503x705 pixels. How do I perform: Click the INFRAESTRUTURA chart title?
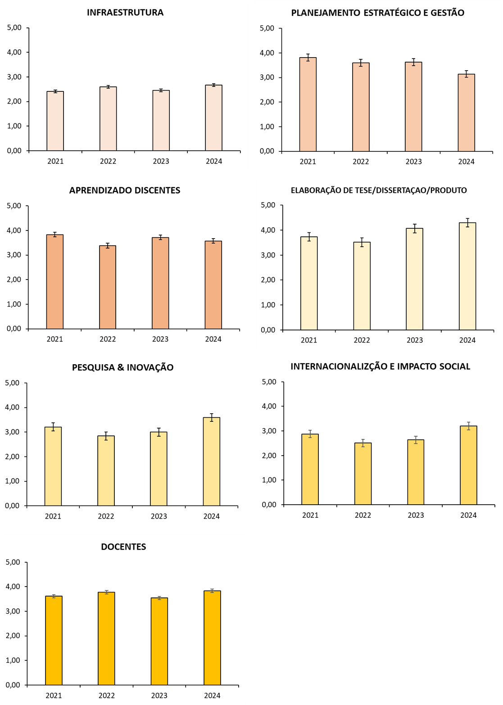click(125, 13)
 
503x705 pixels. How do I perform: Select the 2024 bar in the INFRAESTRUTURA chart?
click(213, 118)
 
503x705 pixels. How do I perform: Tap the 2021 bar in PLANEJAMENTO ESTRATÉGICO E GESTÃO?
click(308, 104)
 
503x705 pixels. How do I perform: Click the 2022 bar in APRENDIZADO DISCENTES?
click(108, 287)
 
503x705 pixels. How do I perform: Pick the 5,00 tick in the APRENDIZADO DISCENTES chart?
click(14, 206)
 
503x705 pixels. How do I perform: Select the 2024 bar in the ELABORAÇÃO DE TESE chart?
click(467, 276)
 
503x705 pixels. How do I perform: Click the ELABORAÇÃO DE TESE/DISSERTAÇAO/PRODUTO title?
click(379, 190)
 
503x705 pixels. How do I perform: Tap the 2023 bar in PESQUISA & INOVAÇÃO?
click(159, 469)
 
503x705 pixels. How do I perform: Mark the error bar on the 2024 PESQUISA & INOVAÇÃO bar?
click(212, 417)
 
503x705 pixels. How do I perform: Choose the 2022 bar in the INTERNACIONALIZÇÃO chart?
click(363, 474)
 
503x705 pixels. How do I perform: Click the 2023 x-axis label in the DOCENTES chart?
click(159, 696)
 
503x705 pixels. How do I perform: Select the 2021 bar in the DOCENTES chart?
click(54, 641)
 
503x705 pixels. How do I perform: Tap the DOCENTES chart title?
click(123, 547)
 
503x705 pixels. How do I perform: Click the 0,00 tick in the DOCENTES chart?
click(13, 685)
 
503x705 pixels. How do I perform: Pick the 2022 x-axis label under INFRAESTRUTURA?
click(108, 161)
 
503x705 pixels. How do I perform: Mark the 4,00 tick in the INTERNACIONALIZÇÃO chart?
click(269, 406)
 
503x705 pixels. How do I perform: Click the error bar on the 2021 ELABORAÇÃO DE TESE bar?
click(309, 237)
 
